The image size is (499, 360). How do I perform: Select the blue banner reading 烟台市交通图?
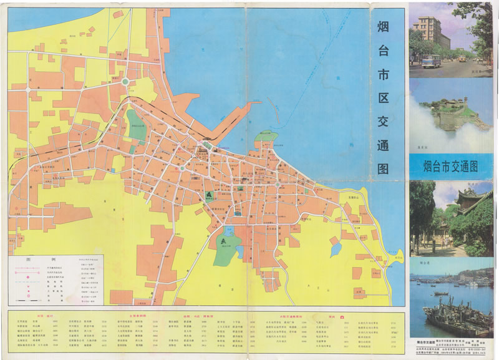(x=450, y=166)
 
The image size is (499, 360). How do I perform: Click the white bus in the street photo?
(x=431, y=61)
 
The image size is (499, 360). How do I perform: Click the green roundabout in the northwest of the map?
(x=125, y=81)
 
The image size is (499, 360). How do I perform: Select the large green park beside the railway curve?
(x=137, y=124)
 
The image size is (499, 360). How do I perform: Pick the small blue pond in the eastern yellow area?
(x=336, y=249)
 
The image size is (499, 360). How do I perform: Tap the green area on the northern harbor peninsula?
(x=267, y=136)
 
